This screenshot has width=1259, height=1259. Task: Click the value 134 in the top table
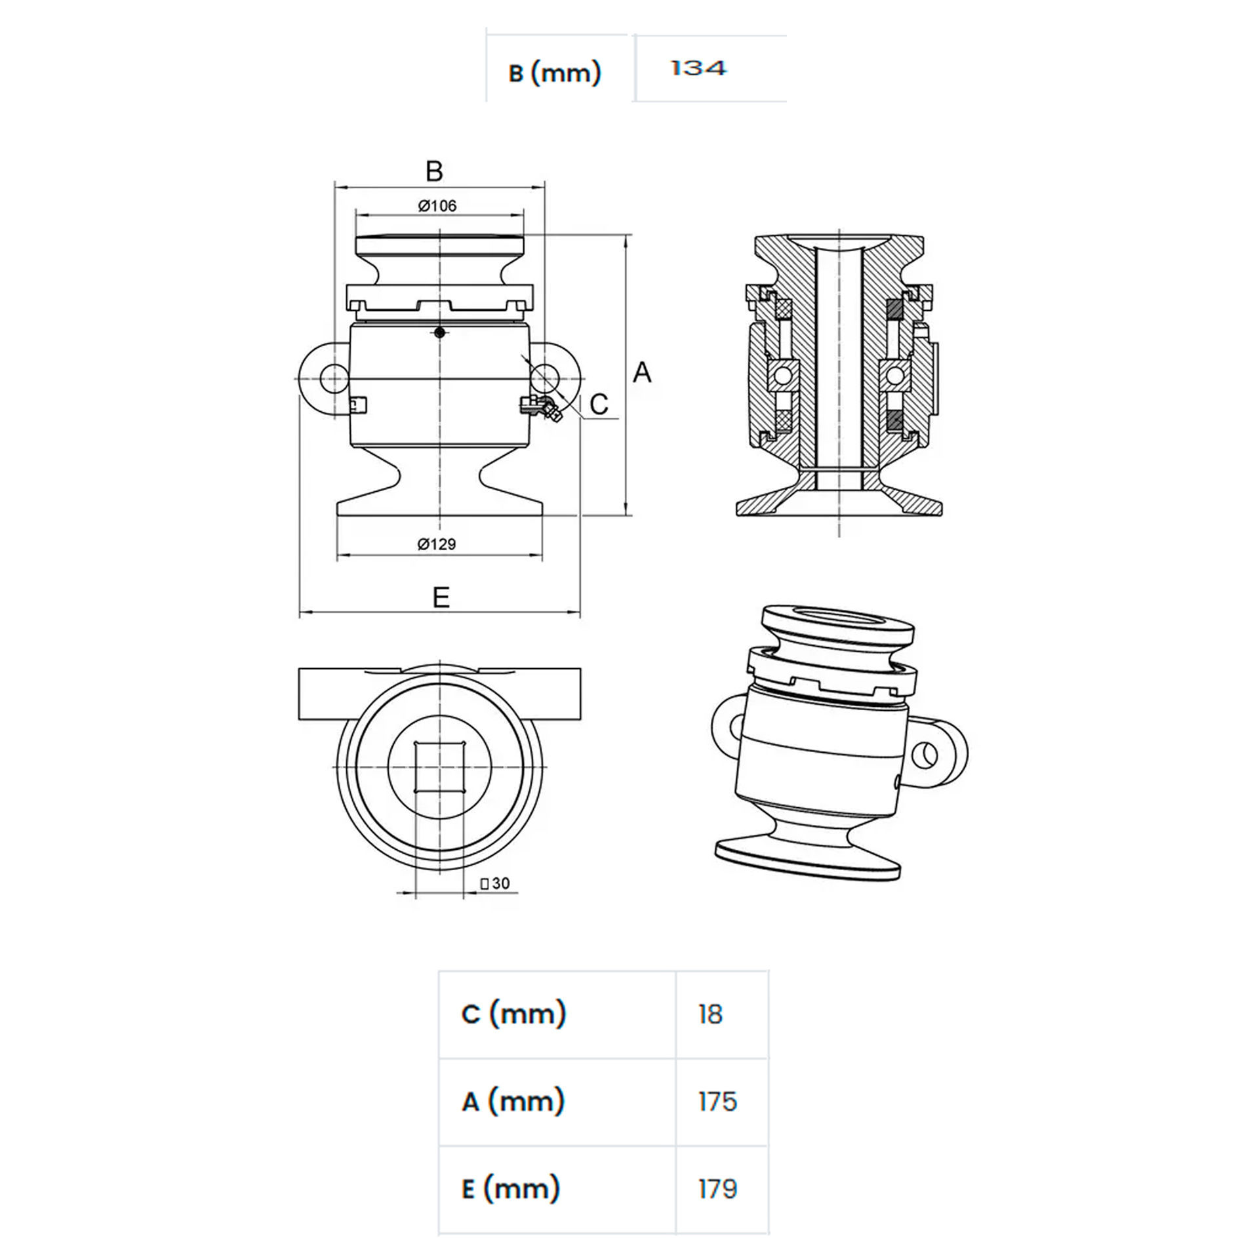coord(698,68)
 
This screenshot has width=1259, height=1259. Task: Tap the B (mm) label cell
coord(555,72)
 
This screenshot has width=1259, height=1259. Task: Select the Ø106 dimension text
coord(437,206)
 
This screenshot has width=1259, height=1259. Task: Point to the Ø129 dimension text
coord(437,544)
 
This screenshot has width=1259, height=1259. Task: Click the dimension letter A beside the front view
coord(642,372)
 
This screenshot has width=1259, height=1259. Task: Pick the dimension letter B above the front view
coord(434,171)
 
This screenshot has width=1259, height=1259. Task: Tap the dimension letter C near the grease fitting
coord(599,405)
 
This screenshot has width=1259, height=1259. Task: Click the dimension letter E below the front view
coord(441,597)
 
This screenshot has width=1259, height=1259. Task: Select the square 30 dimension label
coord(495,883)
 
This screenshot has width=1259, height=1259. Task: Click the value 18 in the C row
coord(711,1014)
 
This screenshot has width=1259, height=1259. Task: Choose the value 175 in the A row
coord(718,1102)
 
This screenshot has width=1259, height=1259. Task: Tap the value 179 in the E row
coord(718,1189)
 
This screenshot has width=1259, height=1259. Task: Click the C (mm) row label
coord(513,1014)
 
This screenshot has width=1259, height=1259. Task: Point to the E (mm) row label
coord(511,1188)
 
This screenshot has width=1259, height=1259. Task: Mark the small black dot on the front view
coord(440,332)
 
